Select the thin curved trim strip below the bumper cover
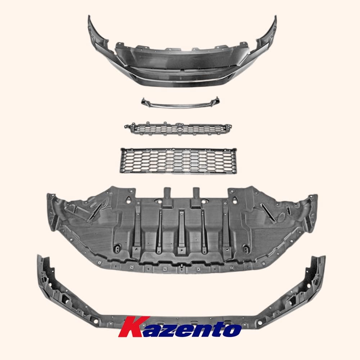pos(180,104)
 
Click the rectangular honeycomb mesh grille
pos(179,160)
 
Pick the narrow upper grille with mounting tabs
pos(178,129)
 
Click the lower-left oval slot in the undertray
pos(117,248)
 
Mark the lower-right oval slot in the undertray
pos(246,248)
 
